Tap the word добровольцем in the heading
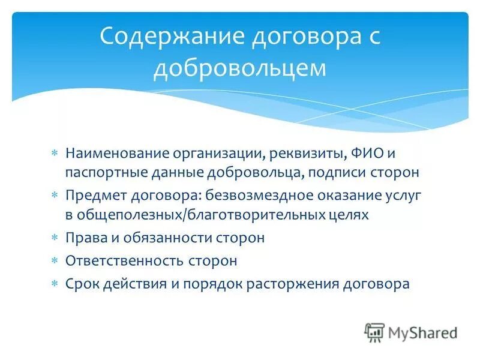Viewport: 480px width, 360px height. pyautogui.click(x=240, y=68)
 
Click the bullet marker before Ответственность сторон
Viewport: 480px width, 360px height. pyautogui.click(x=54, y=260)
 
